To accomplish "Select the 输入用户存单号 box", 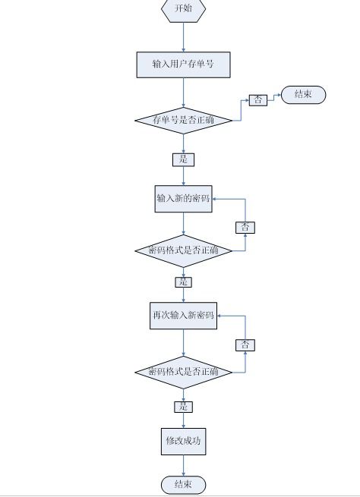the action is (183, 64).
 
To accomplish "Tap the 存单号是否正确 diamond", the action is (183, 121).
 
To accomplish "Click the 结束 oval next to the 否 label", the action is (303, 95).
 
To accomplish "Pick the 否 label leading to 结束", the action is (258, 100).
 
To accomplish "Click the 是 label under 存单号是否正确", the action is (183, 159).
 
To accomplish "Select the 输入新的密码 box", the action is (183, 199).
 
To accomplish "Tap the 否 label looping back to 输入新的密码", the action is (245, 228).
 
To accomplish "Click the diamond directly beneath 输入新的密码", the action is (183, 250).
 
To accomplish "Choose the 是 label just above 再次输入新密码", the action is (183, 282).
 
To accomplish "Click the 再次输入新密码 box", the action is (183, 316).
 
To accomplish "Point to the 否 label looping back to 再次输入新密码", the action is (245, 344).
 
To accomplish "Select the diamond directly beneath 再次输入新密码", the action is (183, 372).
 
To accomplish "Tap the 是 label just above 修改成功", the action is (183, 407).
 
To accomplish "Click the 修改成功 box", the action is (183, 442).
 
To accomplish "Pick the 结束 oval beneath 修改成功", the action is (183, 485).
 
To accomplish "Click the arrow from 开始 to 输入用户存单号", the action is (183, 37).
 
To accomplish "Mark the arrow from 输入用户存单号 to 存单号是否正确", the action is (183, 93).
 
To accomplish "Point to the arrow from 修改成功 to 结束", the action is (183, 466).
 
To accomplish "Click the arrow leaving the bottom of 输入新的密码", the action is (183, 223).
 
